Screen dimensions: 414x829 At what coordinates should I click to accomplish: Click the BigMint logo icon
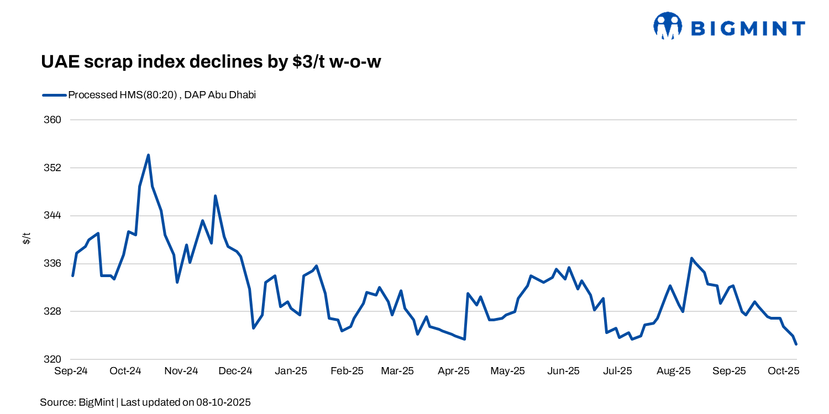667,26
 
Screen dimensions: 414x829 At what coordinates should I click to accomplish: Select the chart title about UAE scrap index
211,62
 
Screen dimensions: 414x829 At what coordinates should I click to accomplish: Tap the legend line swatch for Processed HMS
54,95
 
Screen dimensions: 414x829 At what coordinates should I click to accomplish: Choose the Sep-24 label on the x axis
71,371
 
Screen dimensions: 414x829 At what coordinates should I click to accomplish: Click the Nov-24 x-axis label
181,371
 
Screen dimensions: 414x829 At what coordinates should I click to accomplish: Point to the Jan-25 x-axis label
291,371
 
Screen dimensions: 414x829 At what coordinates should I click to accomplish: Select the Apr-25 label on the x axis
453,371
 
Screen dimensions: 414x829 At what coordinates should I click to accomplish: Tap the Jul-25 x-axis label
617,371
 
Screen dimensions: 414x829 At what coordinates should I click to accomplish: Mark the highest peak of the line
148,155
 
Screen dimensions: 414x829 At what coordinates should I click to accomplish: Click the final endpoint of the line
796,344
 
